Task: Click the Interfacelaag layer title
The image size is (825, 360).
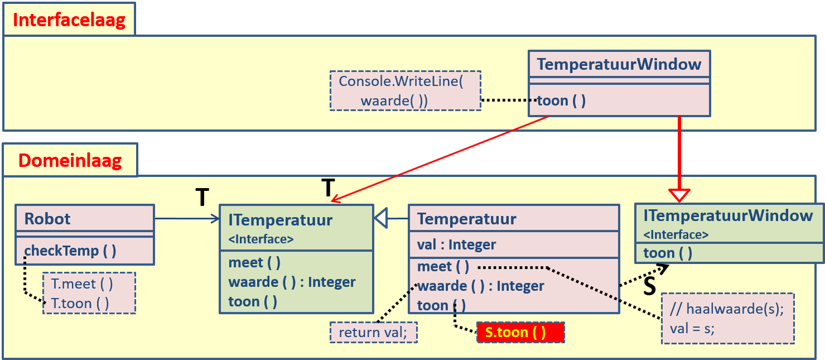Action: click(69, 20)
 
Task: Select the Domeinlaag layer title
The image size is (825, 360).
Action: click(70, 161)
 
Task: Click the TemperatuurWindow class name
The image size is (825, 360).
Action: click(619, 64)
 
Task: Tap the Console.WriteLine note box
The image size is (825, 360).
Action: click(405, 90)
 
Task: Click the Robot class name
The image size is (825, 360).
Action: click(47, 219)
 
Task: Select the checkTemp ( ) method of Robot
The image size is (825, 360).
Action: click(70, 251)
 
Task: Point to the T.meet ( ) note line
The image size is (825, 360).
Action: click(82, 284)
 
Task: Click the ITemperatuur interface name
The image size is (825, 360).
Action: click(280, 220)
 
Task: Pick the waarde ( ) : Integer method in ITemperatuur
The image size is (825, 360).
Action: click(292, 282)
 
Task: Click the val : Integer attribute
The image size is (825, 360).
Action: click(456, 244)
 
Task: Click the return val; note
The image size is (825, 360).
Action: click(374, 333)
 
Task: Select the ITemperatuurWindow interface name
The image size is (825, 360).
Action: click(728, 216)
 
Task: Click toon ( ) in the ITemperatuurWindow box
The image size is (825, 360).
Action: click(668, 253)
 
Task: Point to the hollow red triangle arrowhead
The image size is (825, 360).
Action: click(679, 195)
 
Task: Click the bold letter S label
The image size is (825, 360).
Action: click(649, 287)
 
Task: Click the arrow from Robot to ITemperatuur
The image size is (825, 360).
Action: click(187, 219)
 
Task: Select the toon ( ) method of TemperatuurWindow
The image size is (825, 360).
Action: click(561, 101)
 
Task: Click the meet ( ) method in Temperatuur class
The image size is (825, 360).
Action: click(443, 267)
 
